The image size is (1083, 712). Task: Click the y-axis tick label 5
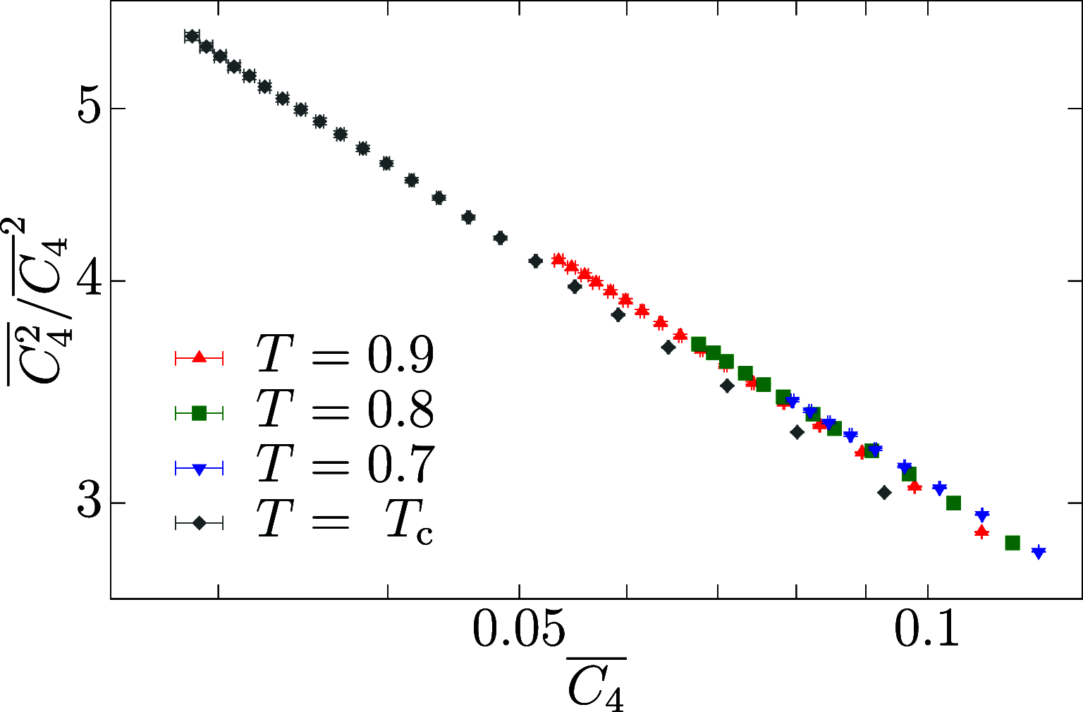click(90, 109)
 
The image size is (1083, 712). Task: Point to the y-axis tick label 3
click(90, 503)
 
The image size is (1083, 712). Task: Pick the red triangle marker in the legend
click(199, 358)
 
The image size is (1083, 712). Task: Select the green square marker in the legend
click(199, 413)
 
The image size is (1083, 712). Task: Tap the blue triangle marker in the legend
click(199, 468)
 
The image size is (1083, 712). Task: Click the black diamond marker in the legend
click(199, 522)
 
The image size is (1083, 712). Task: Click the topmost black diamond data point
click(192, 36)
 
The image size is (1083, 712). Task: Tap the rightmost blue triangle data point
click(1038, 551)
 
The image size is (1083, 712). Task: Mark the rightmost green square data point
click(1012, 542)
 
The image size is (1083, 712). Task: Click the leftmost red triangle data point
click(558, 259)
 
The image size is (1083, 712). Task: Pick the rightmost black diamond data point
click(884, 493)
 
